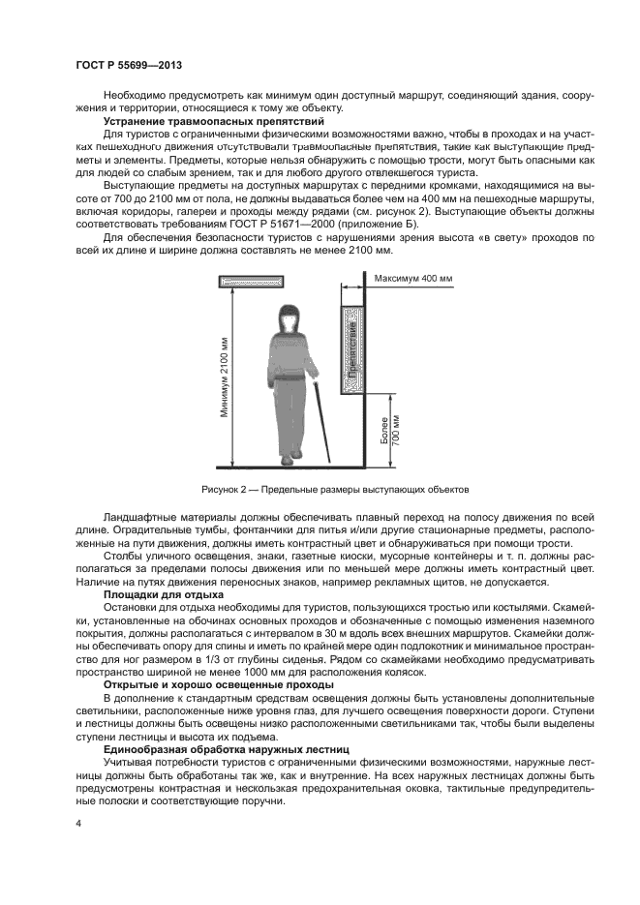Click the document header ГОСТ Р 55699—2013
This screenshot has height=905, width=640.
[128, 65]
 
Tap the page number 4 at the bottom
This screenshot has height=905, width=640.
[78, 823]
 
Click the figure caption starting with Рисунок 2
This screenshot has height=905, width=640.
[334, 490]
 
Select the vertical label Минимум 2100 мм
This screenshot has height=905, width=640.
[225, 377]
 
